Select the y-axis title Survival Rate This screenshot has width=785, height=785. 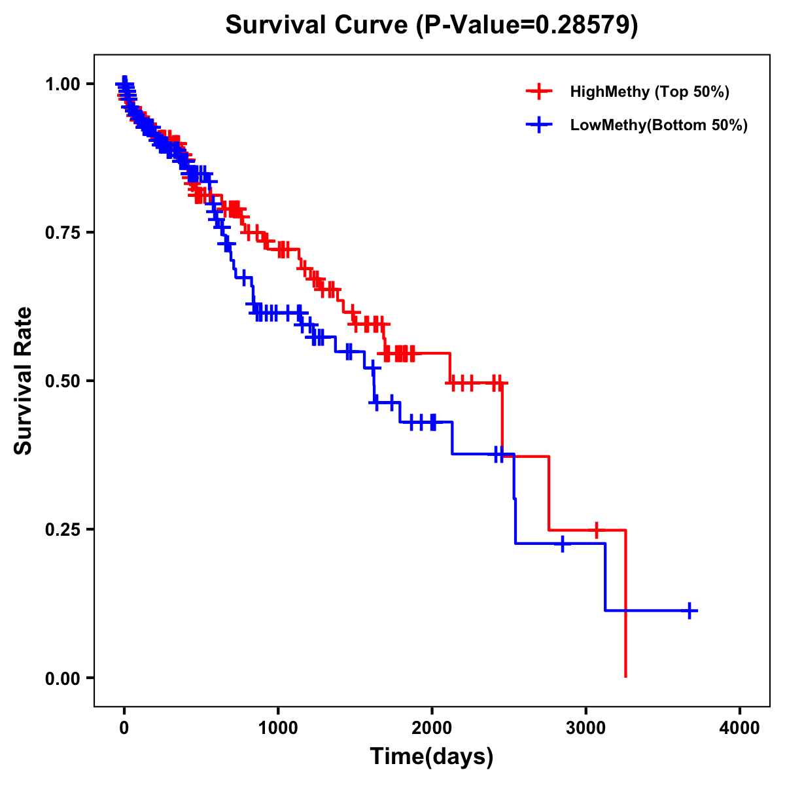(24, 381)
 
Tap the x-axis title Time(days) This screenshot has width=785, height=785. (432, 757)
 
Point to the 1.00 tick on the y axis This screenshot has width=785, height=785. (63, 84)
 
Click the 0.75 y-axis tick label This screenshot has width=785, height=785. (63, 232)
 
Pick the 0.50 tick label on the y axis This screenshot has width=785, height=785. (63, 381)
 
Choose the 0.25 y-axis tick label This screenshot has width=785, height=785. (63, 529)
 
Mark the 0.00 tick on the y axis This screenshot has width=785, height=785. (63, 678)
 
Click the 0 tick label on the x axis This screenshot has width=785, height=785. (124, 728)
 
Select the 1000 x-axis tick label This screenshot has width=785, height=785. (278, 728)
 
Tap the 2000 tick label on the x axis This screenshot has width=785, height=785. (432, 728)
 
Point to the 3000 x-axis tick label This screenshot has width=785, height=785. (586, 728)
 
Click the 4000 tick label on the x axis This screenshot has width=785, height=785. (740, 728)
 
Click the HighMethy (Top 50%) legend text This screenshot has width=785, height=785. (650, 92)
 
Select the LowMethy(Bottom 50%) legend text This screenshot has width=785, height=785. (659, 125)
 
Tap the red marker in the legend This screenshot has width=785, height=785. (538, 92)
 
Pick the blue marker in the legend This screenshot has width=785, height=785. (538, 125)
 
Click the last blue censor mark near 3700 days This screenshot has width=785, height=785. (689, 610)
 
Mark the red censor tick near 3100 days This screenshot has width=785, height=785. (596, 530)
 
